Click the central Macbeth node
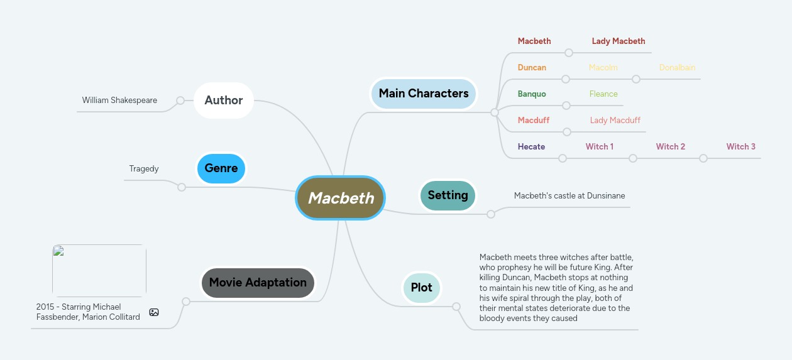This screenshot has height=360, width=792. point(340,198)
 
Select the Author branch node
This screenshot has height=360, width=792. point(223,100)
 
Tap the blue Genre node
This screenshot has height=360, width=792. point(221,168)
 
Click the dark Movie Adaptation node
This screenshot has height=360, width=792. point(258,283)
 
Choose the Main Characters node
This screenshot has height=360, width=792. point(423,94)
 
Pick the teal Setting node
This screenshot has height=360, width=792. point(448,195)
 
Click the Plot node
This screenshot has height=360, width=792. point(421,288)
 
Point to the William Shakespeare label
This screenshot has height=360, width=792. point(119,101)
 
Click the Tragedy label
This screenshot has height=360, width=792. point(144,169)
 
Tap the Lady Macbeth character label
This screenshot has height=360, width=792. point(618,41)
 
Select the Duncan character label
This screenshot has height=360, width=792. point(532,68)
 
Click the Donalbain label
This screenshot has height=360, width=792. point(677,68)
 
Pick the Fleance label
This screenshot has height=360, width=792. point(603,94)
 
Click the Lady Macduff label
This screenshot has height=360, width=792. point(615,121)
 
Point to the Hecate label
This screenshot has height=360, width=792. point(531,147)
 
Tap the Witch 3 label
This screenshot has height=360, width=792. point(740,147)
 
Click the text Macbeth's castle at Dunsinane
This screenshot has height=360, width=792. point(569,196)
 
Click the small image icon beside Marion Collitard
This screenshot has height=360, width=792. point(154,312)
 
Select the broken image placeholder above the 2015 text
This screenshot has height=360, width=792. point(99,271)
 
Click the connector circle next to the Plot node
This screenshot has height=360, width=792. point(456,307)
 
